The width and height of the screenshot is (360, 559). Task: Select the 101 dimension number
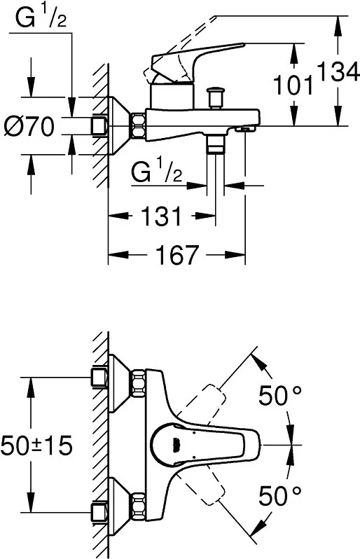click(x=293, y=86)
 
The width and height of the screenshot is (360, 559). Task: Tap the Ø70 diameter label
click(x=29, y=127)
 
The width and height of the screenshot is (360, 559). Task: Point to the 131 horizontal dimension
click(x=162, y=216)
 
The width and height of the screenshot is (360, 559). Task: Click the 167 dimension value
click(x=176, y=254)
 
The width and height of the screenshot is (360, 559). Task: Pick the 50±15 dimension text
click(x=36, y=446)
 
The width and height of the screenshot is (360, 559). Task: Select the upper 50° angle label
click(x=279, y=396)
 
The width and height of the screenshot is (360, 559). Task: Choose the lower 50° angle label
click(x=279, y=495)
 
